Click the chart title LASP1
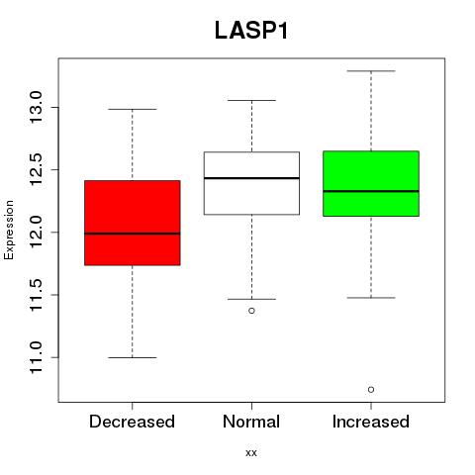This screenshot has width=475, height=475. point(251,31)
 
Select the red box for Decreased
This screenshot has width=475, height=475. point(133,223)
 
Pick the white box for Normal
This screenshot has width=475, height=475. point(251,183)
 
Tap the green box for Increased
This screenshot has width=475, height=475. point(371,183)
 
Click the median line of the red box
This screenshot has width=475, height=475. point(133,234)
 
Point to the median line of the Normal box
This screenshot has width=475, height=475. point(251,178)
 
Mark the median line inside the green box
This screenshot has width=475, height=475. point(371,191)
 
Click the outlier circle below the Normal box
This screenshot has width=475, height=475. point(251,311)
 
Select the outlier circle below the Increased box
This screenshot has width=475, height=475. point(371,390)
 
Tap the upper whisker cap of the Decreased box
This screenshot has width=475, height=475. point(133,109)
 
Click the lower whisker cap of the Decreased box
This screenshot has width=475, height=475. point(133,357)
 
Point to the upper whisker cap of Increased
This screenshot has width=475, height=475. point(371,71)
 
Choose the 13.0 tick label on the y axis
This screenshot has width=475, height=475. point(36,108)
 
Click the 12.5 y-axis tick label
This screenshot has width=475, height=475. point(36,170)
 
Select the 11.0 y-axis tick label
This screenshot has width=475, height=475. point(36,357)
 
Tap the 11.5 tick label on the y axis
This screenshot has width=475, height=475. point(36,295)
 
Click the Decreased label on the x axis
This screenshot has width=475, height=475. point(132,422)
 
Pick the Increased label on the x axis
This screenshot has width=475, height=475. point(371,422)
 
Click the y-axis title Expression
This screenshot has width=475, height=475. point(9,230)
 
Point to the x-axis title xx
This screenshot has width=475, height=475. point(251,453)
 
